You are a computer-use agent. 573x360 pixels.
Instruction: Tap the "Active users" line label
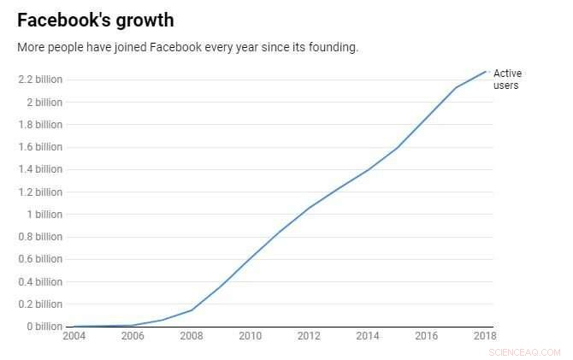pyautogui.click(x=506, y=80)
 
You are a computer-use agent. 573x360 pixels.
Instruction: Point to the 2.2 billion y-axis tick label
pyautogui.click(x=39, y=80)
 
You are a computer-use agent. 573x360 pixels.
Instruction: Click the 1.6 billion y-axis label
pyautogui.click(x=39, y=147)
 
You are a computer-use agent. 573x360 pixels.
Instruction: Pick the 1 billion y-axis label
pyautogui.click(x=43, y=215)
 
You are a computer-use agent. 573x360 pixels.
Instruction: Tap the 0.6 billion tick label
pyautogui.click(x=39, y=259)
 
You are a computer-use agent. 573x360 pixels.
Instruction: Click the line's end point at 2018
pyautogui.click(x=487, y=71)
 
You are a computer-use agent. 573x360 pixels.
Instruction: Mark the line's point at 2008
pyautogui.click(x=192, y=310)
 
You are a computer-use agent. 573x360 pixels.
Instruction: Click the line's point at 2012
pyautogui.click(x=308, y=208)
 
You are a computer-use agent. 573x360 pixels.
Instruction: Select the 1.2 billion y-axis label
pyautogui.click(x=39, y=192)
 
